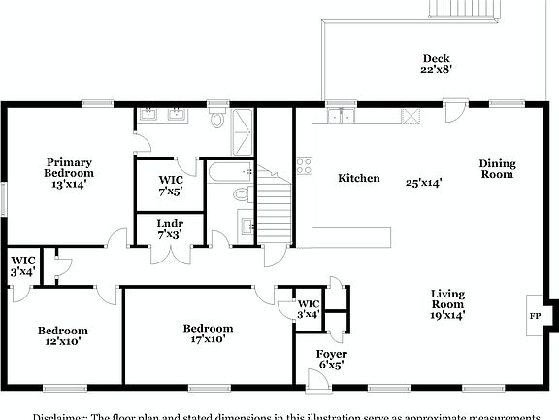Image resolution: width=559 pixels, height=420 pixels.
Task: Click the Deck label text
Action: point(436,58)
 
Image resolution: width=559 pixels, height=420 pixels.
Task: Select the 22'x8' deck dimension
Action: point(436,70)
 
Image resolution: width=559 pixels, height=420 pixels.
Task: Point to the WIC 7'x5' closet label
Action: point(172,185)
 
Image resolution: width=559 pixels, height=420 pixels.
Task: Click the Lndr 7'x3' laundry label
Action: point(170,228)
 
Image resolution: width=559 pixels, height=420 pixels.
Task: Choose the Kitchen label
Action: point(358,179)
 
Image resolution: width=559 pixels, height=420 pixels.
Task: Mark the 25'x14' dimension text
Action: point(424,182)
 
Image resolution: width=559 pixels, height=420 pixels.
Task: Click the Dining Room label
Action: point(497,169)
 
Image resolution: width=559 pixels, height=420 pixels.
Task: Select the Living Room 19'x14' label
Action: point(447,303)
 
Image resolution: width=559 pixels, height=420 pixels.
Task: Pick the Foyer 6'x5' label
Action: point(332,359)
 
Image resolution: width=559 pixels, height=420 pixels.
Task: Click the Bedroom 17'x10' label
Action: point(208,334)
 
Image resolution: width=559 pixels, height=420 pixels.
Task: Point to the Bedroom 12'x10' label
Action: point(63,336)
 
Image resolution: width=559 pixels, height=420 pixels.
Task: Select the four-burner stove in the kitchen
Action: point(304,165)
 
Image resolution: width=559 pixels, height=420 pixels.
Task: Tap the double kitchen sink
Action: point(341,116)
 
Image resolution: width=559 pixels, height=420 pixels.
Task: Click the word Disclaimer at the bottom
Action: point(59,415)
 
